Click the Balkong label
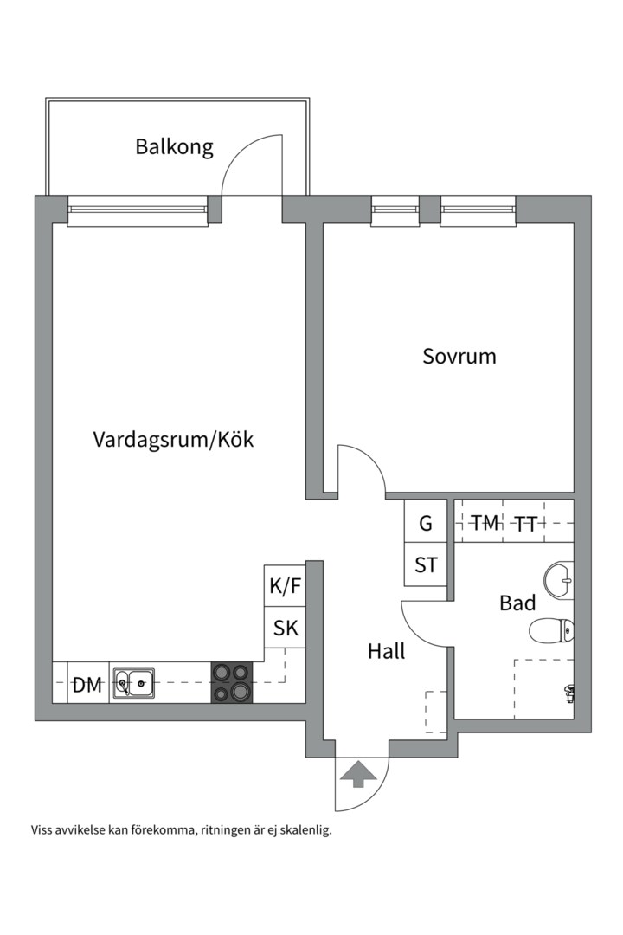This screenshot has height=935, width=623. [174, 147]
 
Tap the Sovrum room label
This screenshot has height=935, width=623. [459, 356]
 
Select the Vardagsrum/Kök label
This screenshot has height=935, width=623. [173, 440]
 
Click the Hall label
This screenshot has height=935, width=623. [386, 652]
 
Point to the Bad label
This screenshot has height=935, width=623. [517, 603]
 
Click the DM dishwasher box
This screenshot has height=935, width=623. [87, 686]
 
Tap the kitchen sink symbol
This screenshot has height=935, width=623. [133, 684]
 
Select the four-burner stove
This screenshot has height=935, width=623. [232, 682]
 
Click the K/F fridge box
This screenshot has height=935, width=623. [286, 586]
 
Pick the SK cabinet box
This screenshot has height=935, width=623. [286, 629]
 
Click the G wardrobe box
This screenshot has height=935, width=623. [426, 523]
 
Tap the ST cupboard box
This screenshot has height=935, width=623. [426, 565]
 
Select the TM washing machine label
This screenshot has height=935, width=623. [485, 524]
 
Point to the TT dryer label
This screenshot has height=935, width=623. [525, 524]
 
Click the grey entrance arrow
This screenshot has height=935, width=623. [356, 773]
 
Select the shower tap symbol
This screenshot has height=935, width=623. [568, 692]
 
